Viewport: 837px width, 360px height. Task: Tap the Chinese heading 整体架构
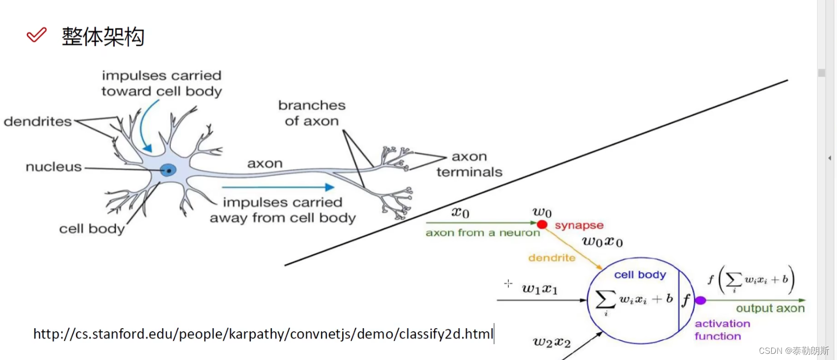[103, 37]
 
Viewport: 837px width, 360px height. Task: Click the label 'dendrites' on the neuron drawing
[38, 122]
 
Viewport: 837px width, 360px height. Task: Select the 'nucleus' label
[53, 167]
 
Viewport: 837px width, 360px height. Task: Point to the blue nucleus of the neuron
[168, 170]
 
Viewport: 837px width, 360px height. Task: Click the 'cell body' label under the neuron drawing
[91, 229]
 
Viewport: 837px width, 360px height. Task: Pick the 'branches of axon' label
[312, 113]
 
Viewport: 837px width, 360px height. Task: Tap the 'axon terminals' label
[469, 164]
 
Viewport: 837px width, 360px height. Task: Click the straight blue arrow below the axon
[278, 187]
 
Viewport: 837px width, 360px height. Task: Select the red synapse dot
[542, 224]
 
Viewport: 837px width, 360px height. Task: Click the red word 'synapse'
[579, 225]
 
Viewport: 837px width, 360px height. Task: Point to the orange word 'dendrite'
[552, 258]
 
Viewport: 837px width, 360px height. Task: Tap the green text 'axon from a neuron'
[482, 233]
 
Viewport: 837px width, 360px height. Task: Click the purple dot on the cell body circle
[700, 300]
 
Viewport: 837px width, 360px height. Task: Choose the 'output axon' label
[770, 308]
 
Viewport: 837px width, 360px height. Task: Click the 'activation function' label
[722, 330]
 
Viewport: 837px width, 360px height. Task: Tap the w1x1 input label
[540, 289]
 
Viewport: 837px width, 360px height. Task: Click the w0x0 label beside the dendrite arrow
[602, 242]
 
